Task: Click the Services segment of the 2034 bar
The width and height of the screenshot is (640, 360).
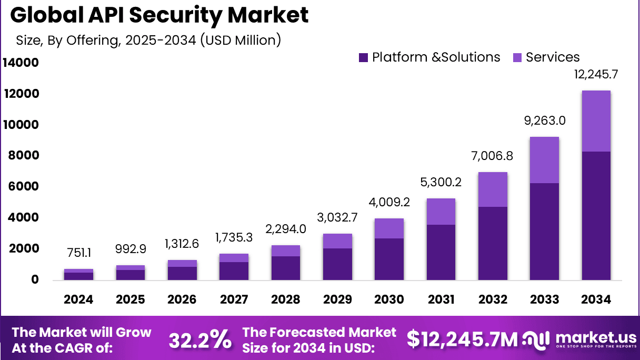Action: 596,121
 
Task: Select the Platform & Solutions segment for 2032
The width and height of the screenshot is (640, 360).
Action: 493,243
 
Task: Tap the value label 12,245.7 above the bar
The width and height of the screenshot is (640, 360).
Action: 596,75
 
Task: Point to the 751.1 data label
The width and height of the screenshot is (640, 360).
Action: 78,254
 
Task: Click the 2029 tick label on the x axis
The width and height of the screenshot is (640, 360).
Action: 337,299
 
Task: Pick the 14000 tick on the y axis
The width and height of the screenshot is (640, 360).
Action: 21,63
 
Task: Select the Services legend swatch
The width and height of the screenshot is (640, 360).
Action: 517,58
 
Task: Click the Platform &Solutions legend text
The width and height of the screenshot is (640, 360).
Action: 436,57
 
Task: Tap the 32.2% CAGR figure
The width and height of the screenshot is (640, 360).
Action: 200,341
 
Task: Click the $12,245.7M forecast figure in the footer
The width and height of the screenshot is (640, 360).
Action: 462,340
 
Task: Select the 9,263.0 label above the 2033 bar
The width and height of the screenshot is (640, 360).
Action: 545,121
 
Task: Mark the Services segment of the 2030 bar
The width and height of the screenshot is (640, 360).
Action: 389,228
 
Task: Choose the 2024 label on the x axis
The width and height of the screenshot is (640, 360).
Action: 78,299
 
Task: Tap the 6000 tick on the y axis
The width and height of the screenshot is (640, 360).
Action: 21,187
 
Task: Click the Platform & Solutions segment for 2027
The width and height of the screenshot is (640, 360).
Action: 234,271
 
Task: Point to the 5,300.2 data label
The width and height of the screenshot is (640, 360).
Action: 441,182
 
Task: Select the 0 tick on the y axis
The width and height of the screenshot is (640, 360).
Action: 35,279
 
